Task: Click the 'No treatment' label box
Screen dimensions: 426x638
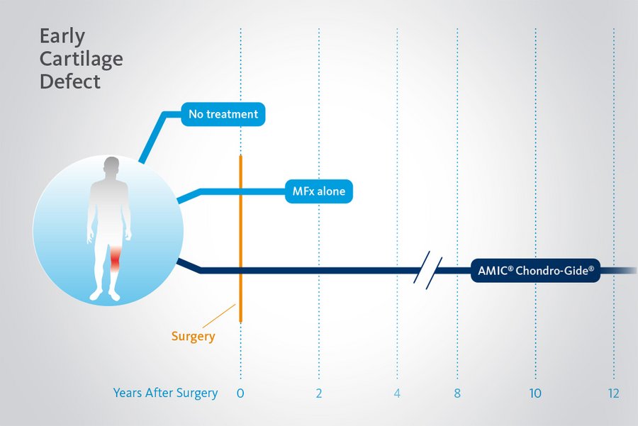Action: tap(223, 114)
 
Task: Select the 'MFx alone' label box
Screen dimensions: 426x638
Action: tap(319, 192)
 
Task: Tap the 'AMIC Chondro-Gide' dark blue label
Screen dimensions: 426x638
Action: tap(535, 271)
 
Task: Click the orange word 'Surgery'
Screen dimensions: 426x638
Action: tap(193, 337)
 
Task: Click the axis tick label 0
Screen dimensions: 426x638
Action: tap(240, 393)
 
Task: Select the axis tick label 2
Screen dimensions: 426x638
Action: tap(319, 393)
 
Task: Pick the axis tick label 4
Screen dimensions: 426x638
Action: tap(397, 393)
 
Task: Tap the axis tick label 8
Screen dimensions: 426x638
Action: tap(457, 393)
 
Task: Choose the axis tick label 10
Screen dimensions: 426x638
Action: tap(535, 393)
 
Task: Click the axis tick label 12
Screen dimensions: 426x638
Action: tap(613, 393)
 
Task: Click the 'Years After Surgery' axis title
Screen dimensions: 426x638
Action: tap(165, 393)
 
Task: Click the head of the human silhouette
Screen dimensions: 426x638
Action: tap(109, 168)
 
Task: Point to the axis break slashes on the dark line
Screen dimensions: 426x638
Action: tap(428, 270)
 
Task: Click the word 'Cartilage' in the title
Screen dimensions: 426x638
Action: tap(81, 58)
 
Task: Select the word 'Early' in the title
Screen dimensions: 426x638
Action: tap(62, 35)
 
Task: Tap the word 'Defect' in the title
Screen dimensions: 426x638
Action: tap(69, 81)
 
